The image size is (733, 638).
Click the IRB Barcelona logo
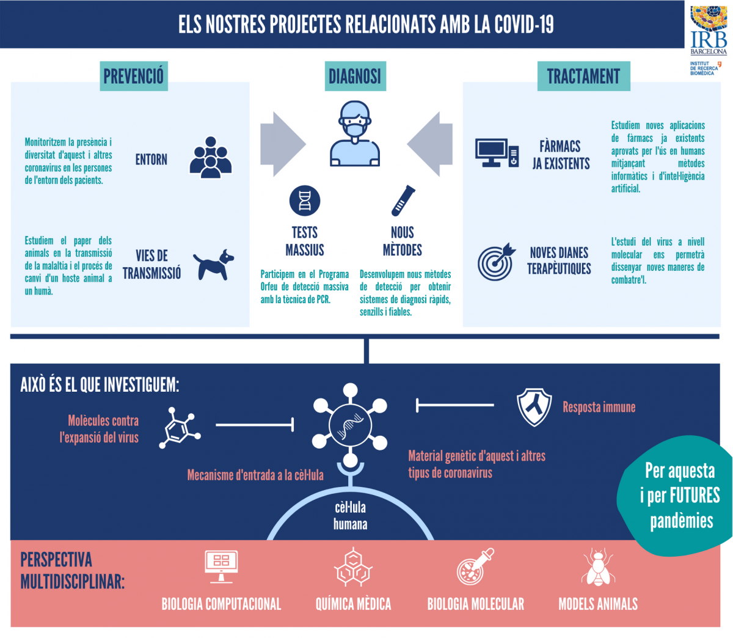708,34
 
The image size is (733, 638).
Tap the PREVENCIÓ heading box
134,76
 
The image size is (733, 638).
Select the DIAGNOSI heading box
355,76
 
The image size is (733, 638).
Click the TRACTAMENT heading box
583,76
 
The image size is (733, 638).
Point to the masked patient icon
355,134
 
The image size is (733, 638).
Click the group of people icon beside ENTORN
211,158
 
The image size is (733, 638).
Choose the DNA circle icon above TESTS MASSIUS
305,200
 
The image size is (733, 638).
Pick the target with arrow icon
496,261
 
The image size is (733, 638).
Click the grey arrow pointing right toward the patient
282,145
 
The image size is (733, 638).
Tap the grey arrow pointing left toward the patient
431,145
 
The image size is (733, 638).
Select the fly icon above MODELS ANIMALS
597,567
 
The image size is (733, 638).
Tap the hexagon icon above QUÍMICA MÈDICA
353,567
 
